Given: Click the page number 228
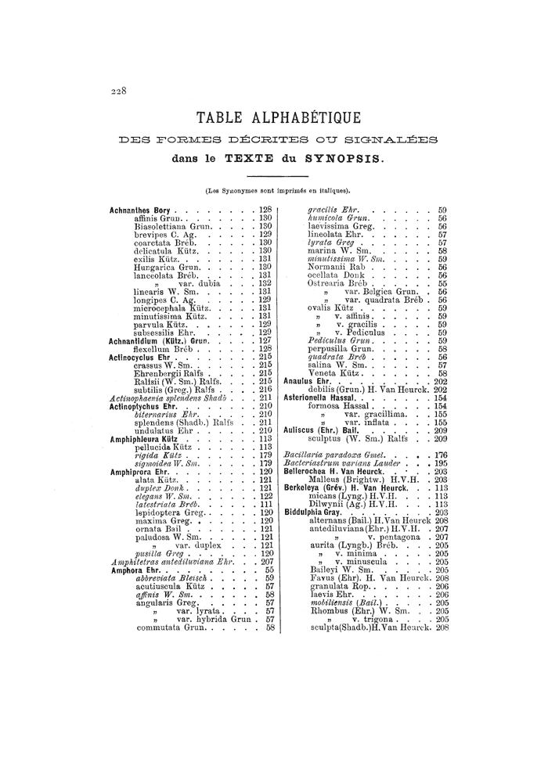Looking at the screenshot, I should (117, 91).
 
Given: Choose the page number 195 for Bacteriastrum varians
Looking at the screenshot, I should (440, 463).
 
